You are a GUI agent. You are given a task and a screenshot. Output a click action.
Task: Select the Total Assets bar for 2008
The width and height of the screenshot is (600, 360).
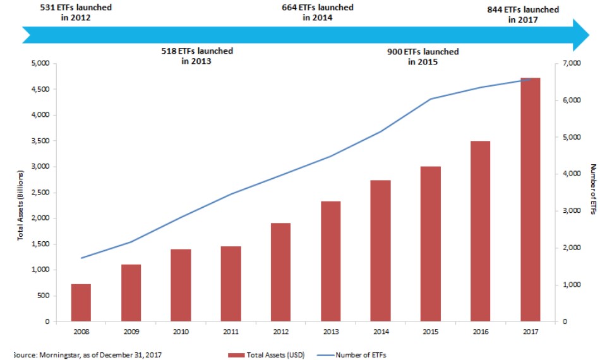pyautogui.click(x=81, y=303)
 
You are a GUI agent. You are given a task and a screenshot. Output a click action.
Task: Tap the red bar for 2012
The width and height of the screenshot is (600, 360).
pyautogui.click(x=280, y=272)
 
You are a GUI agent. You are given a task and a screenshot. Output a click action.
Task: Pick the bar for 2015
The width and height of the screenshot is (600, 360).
pyautogui.click(x=430, y=244)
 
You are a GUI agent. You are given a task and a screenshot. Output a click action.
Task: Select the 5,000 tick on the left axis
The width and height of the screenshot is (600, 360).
pyautogui.click(x=40, y=64)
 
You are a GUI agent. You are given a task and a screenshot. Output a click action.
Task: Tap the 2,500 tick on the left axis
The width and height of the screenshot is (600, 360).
pyautogui.click(x=40, y=193)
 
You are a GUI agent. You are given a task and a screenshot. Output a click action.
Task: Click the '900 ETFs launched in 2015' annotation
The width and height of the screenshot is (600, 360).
pyautogui.click(x=423, y=57)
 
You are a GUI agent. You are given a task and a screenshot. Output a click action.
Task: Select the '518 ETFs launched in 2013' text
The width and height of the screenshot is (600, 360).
pyautogui.click(x=197, y=56)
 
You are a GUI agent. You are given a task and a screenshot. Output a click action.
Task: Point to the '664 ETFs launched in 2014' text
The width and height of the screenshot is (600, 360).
pyautogui.click(x=317, y=13)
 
